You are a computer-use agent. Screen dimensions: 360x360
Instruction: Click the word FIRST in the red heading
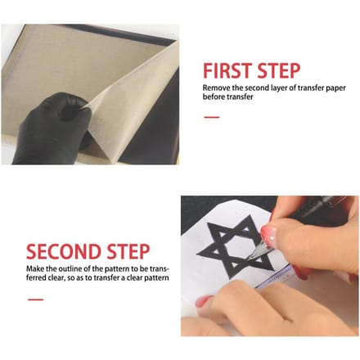(x=227, y=70)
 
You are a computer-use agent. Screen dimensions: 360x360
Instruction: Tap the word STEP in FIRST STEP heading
(x=279, y=70)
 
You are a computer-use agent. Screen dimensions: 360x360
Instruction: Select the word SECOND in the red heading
(x=64, y=251)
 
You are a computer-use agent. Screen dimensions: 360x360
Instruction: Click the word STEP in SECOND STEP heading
(x=128, y=251)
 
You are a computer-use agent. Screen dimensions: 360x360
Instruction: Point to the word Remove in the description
(x=216, y=88)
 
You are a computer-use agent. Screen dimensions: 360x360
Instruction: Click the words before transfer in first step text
(x=227, y=97)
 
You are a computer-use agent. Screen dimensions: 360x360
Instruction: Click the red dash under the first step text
(x=212, y=117)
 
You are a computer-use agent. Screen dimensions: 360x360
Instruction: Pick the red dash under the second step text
(x=35, y=299)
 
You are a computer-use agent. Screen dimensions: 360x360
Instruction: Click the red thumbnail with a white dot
(x=268, y=234)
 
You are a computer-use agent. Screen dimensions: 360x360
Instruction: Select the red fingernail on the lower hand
(x=203, y=301)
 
